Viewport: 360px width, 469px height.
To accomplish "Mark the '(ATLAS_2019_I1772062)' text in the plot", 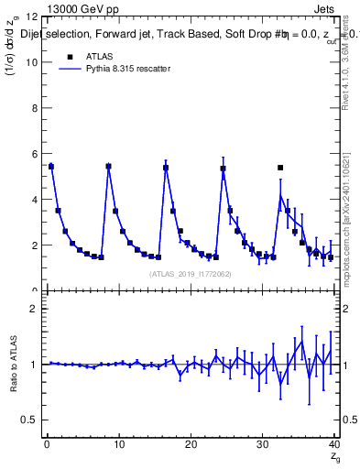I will [190, 274].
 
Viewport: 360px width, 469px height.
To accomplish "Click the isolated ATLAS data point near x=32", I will [280, 168].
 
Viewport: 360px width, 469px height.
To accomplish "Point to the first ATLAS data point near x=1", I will [51, 167].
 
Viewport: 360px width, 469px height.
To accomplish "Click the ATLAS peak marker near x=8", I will [108, 167].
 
